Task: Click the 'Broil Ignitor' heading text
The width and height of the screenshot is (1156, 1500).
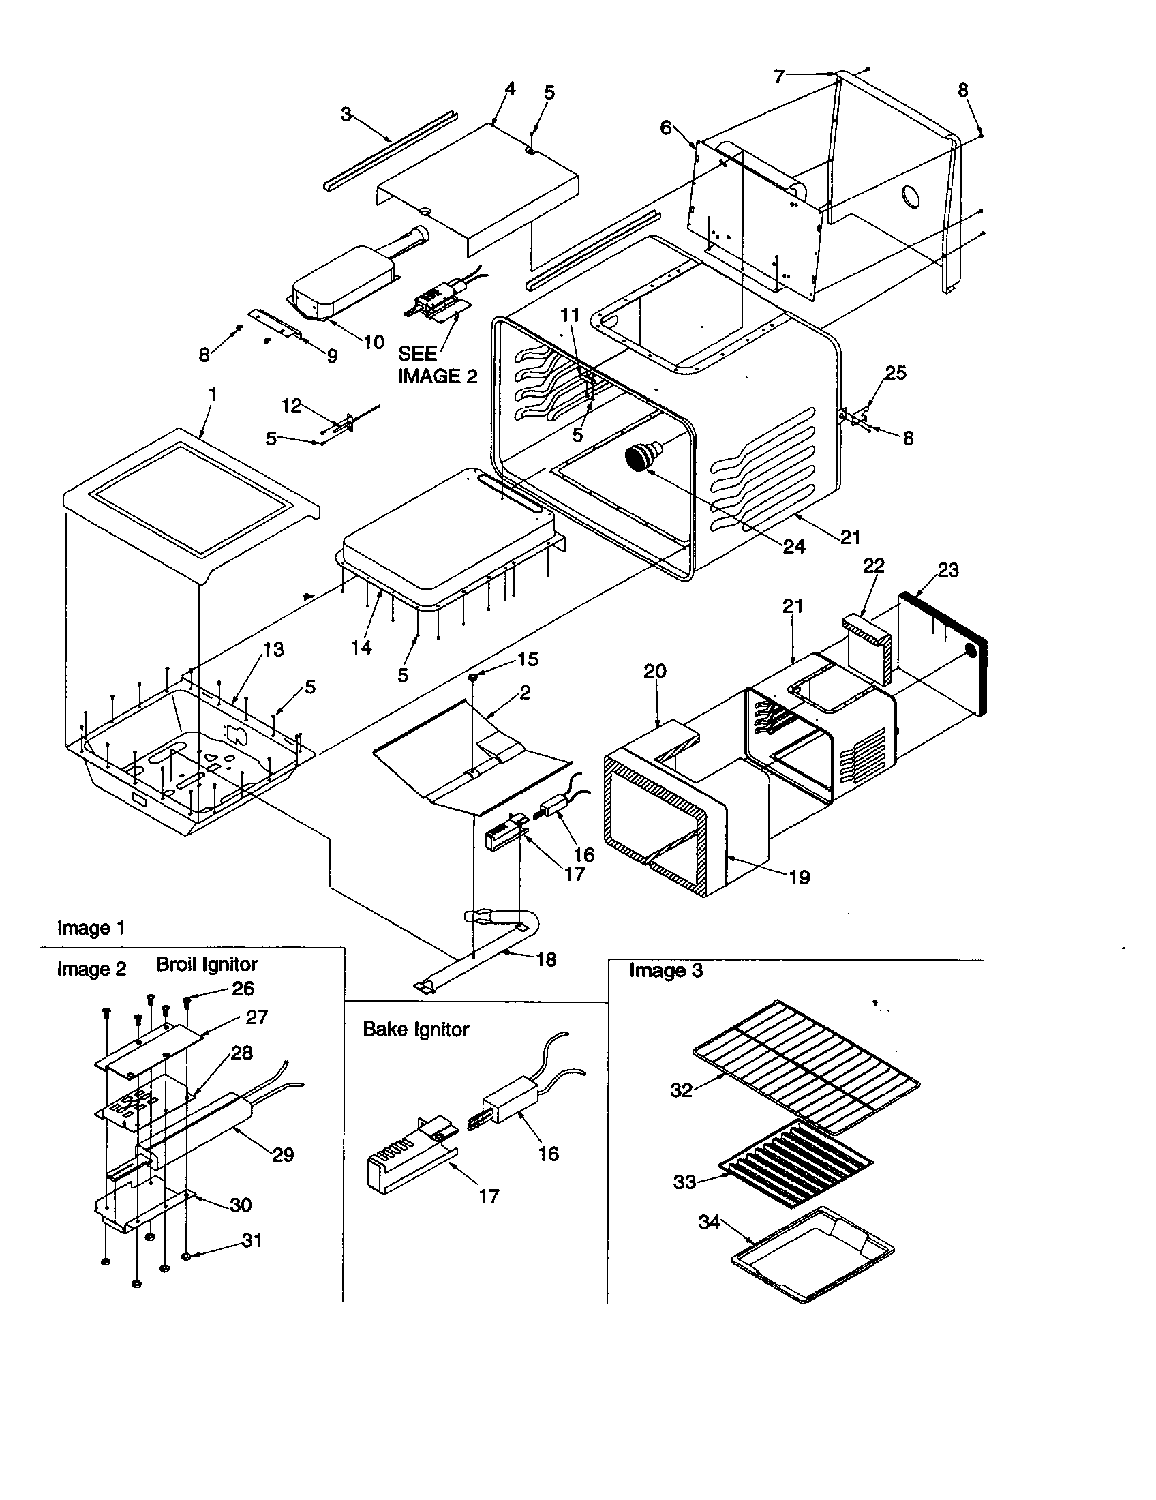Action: (x=206, y=964)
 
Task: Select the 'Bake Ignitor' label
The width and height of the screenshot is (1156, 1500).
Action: (x=415, y=1030)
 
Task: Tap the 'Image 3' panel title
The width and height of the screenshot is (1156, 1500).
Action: (x=665, y=970)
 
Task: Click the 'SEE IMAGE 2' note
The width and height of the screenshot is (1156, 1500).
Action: (x=437, y=365)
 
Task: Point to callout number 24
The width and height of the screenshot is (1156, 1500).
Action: (x=793, y=547)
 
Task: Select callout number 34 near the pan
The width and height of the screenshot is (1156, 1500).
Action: (x=709, y=1222)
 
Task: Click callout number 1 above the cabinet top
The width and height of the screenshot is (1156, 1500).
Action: (x=213, y=394)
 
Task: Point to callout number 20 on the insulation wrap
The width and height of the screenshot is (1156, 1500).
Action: (x=654, y=671)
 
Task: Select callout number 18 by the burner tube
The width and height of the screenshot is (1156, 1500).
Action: (x=546, y=959)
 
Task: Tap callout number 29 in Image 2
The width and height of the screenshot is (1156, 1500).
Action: (x=283, y=1155)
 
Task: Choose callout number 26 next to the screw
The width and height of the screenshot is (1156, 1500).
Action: (x=243, y=989)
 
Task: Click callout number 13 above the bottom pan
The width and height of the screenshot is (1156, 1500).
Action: (x=273, y=650)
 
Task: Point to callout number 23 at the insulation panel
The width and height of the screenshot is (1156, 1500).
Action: (x=947, y=570)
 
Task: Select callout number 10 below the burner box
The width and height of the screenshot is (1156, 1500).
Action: (x=374, y=342)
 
